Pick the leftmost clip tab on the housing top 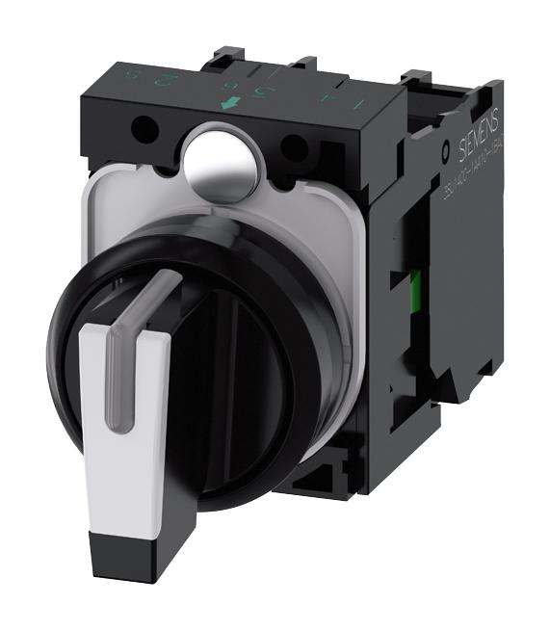point(224,55)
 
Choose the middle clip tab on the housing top point(306,64)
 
